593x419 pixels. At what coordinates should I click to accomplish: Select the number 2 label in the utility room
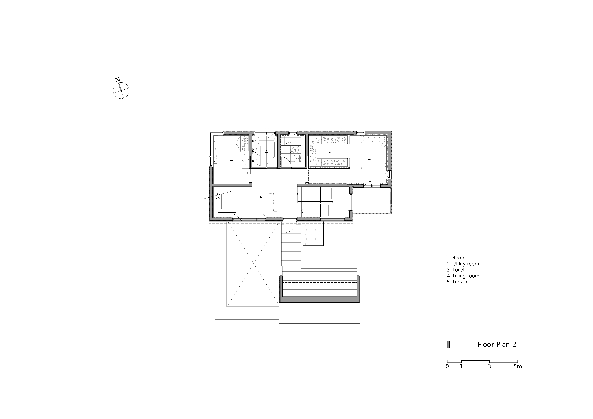(266, 152)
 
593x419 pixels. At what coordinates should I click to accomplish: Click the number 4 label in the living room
(261, 197)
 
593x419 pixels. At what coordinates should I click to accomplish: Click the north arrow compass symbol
(121, 90)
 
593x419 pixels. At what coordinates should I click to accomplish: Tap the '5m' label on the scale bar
(518, 366)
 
